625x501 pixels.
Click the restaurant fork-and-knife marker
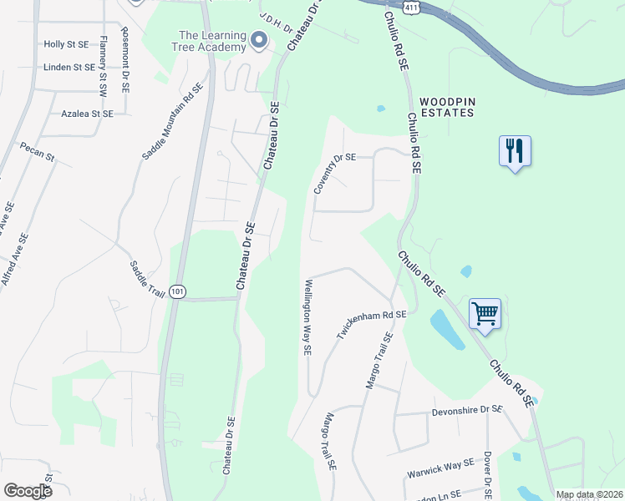coord(514,151)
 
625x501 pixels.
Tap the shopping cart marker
coord(485,314)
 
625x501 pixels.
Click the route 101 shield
coord(176,291)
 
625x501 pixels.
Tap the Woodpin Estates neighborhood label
coord(447,106)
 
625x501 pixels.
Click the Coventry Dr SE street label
coord(334,174)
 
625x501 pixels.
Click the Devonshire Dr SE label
coord(467,411)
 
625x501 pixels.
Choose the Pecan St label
coord(38,151)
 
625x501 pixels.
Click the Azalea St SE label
coord(87,113)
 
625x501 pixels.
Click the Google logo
coord(28,490)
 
